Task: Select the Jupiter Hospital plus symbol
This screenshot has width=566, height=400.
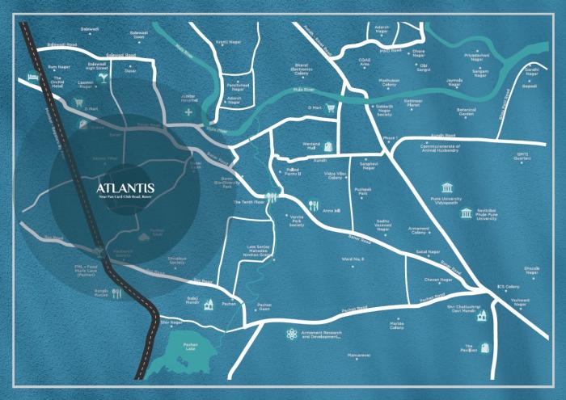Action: click(x=188, y=112)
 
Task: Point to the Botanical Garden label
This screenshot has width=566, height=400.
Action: click(x=467, y=112)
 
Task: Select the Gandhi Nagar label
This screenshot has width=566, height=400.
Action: click(x=530, y=72)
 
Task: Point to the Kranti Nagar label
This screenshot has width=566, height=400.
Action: click(x=225, y=42)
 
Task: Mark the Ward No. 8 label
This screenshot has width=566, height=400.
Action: click(x=353, y=259)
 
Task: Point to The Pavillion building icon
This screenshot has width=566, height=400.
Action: click(x=483, y=348)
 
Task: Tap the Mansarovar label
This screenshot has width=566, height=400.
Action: click(x=358, y=355)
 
